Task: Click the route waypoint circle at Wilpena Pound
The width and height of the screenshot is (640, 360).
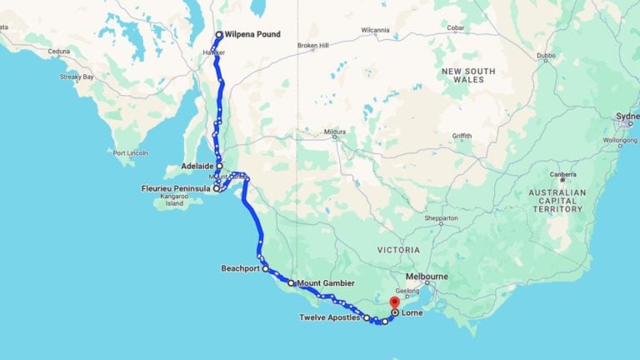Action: tap(219, 35)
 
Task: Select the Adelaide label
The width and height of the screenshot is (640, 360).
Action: tap(197, 166)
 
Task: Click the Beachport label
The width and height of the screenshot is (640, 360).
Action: tap(241, 268)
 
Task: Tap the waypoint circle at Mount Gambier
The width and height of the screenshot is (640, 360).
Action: tap(291, 283)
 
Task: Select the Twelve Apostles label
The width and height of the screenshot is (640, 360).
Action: tap(330, 317)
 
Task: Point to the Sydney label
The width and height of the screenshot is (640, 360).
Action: tap(626, 115)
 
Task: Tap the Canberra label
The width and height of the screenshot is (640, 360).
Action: tap(563, 174)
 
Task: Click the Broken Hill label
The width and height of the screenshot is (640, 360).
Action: tap(312, 45)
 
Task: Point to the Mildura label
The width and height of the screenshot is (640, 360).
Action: tap(334, 132)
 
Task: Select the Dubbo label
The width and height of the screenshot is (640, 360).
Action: tap(546, 57)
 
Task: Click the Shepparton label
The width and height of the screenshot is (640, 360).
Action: tap(441, 218)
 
